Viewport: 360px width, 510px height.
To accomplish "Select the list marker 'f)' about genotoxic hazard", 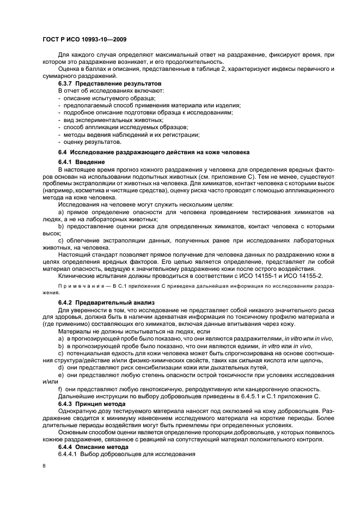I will click(x=60, y=388).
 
